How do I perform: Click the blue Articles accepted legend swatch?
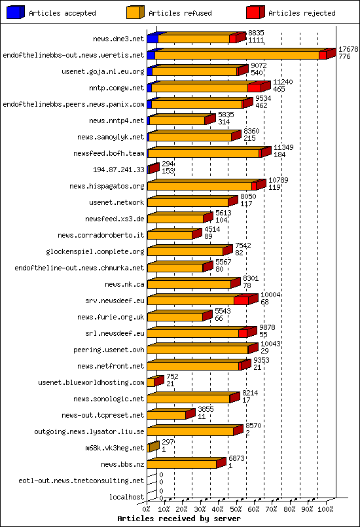[x=15, y=12]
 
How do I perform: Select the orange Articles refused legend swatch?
[x=135, y=12]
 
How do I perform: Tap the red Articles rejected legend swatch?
[x=255, y=12]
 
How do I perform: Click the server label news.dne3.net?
[x=118, y=39]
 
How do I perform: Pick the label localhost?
[x=126, y=497]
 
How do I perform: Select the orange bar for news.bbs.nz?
[x=182, y=464]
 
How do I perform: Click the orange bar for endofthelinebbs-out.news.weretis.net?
[x=236, y=55]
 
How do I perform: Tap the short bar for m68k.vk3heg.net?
[x=152, y=448]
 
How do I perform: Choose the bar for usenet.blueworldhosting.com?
[x=151, y=382]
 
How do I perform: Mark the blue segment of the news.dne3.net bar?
[x=153, y=39]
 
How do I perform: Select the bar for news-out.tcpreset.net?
[x=167, y=415]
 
